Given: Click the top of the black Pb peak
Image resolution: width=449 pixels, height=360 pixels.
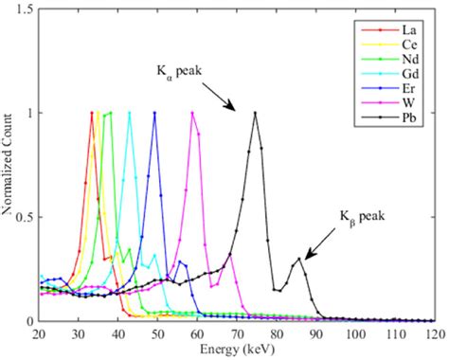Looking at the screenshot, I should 255,114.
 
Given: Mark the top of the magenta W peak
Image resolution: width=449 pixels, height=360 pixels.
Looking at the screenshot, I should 192,114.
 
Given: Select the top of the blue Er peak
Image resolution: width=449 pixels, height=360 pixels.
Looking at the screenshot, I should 154,114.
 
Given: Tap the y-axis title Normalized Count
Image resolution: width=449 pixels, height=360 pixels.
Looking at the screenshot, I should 8,166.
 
